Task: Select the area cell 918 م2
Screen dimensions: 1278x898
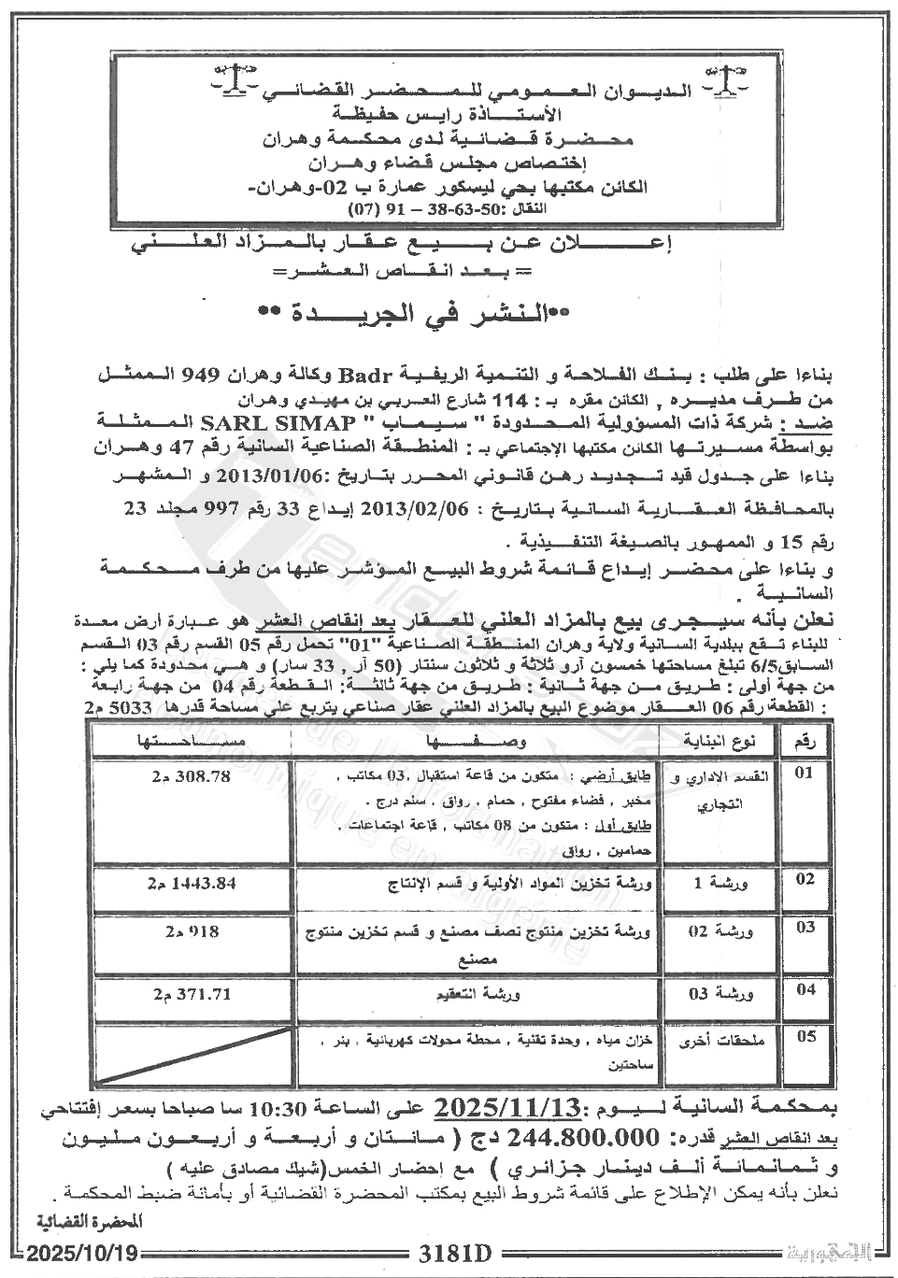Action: pos(191,931)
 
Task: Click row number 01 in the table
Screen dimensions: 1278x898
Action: pos(805,774)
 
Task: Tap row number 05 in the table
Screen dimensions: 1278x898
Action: pos(805,1036)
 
